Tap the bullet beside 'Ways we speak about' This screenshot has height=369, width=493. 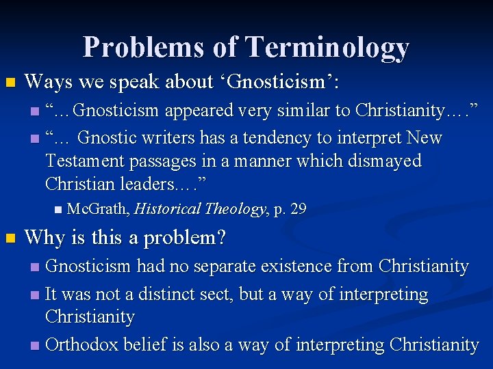point(10,83)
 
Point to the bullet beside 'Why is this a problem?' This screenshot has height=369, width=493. point(10,239)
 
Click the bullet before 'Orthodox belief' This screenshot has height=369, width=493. point(35,346)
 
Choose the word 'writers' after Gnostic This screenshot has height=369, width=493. point(170,138)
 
